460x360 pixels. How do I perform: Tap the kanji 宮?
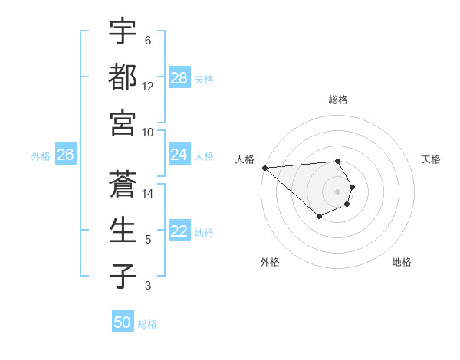[x=123, y=122]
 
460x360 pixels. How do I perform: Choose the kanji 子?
[x=123, y=275]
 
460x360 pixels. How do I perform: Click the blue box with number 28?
[x=179, y=78]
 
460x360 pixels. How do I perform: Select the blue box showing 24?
[x=179, y=155]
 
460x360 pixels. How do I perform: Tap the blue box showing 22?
[x=179, y=231]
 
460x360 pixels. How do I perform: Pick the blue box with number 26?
[x=66, y=155]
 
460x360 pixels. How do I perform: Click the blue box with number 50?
[x=123, y=322]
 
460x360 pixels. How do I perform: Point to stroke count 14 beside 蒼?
[x=148, y=194]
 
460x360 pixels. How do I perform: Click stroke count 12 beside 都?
[x=148, y=87]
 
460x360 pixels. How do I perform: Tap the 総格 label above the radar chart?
[x=338, y=100]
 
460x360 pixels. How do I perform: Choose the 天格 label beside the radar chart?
[x=432, y=159]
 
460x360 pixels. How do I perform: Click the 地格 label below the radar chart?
[x=402, y=262]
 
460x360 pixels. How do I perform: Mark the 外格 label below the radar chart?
[x=270, y=262]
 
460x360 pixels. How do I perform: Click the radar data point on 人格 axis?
[x=264, y=168]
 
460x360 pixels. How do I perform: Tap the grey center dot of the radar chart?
[x=338, y=191]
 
